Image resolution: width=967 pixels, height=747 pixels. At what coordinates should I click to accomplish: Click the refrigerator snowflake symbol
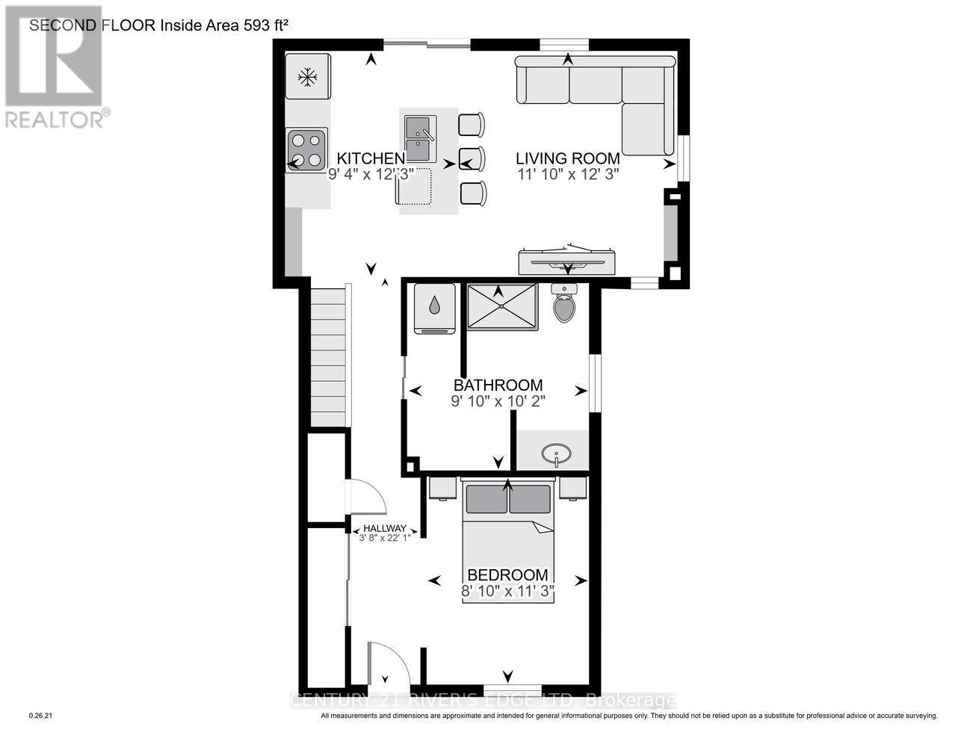[x=306, y=76]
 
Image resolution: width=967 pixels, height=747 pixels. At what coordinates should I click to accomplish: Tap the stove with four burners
[x=307, y=150]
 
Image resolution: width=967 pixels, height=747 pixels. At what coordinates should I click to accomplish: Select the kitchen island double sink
[x=420, y=139]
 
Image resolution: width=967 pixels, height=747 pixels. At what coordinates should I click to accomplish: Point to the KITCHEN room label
[x=371, y=158]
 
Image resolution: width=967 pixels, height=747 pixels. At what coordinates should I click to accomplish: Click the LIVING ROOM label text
[x=568, y=158]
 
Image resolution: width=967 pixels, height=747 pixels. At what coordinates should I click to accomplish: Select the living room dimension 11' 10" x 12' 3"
[x=568, y=174]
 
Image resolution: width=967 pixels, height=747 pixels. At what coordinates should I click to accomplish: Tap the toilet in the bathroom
[x=563, y=304]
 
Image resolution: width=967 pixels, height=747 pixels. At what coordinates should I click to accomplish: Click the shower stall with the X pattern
[x=502, y=306]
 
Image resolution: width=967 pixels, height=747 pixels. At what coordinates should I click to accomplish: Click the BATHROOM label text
[x=498, y=385]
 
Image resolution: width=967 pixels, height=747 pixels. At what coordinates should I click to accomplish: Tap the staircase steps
[x=330, y=355]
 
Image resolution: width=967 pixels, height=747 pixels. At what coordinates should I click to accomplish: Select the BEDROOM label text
[x=507, y=575]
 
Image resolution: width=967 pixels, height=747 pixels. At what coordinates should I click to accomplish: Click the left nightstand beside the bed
[x=442, y=488]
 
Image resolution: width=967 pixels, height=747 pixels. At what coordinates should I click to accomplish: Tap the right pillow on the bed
[x=530, y=499]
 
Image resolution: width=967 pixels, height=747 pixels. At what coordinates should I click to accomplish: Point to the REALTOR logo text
[x=54, y=119]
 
